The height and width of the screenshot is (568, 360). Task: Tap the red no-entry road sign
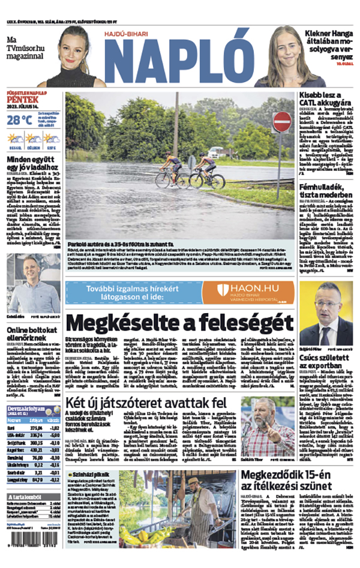[x=281, y=122]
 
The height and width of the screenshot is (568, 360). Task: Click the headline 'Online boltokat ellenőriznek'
[x=31, y=335]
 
